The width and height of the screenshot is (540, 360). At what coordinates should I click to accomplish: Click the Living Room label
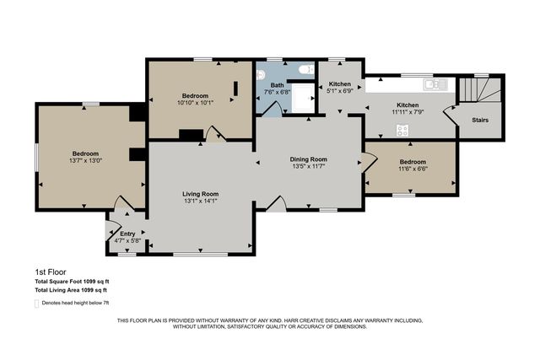[x=201, y=194]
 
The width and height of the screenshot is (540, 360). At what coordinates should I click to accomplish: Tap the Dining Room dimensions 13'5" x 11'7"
[x=309, y=166]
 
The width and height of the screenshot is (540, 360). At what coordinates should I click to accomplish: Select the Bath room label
[x=278, y=85]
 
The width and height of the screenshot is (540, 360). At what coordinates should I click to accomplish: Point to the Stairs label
[x=480, y=120]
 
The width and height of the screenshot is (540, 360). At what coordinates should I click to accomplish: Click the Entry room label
[x=127, y=234]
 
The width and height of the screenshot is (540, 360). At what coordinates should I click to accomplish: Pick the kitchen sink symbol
[x=435, y=84]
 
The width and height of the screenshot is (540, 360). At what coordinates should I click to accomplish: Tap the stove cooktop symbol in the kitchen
[x=402, y=130]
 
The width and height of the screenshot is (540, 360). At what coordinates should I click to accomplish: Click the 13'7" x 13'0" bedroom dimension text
[x=86, y=160]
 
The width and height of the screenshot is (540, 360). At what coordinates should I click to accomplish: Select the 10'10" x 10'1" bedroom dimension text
[x=195, y=102]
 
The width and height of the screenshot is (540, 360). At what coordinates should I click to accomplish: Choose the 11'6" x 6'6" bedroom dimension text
[x=413, y=169]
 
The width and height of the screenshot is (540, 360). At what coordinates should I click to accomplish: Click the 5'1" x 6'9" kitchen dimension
[x=340, y=91]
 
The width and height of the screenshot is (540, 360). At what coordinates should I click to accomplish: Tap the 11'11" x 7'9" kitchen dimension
[x=408, y=112]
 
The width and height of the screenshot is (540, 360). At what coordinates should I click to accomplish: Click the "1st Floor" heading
[x=51, y=271]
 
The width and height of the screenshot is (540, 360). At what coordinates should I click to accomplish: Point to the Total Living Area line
[x=71, y=290]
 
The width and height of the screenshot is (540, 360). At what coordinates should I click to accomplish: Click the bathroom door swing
[x=273, y=109]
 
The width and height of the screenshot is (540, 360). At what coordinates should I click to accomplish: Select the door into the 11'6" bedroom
[x=370, y=162]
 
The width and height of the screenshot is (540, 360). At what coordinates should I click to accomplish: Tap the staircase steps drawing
[x=480, y=90]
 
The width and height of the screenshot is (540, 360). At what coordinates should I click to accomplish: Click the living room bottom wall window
[x=201, y=255]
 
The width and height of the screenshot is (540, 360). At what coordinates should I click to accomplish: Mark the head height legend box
[x=37, y=304]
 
